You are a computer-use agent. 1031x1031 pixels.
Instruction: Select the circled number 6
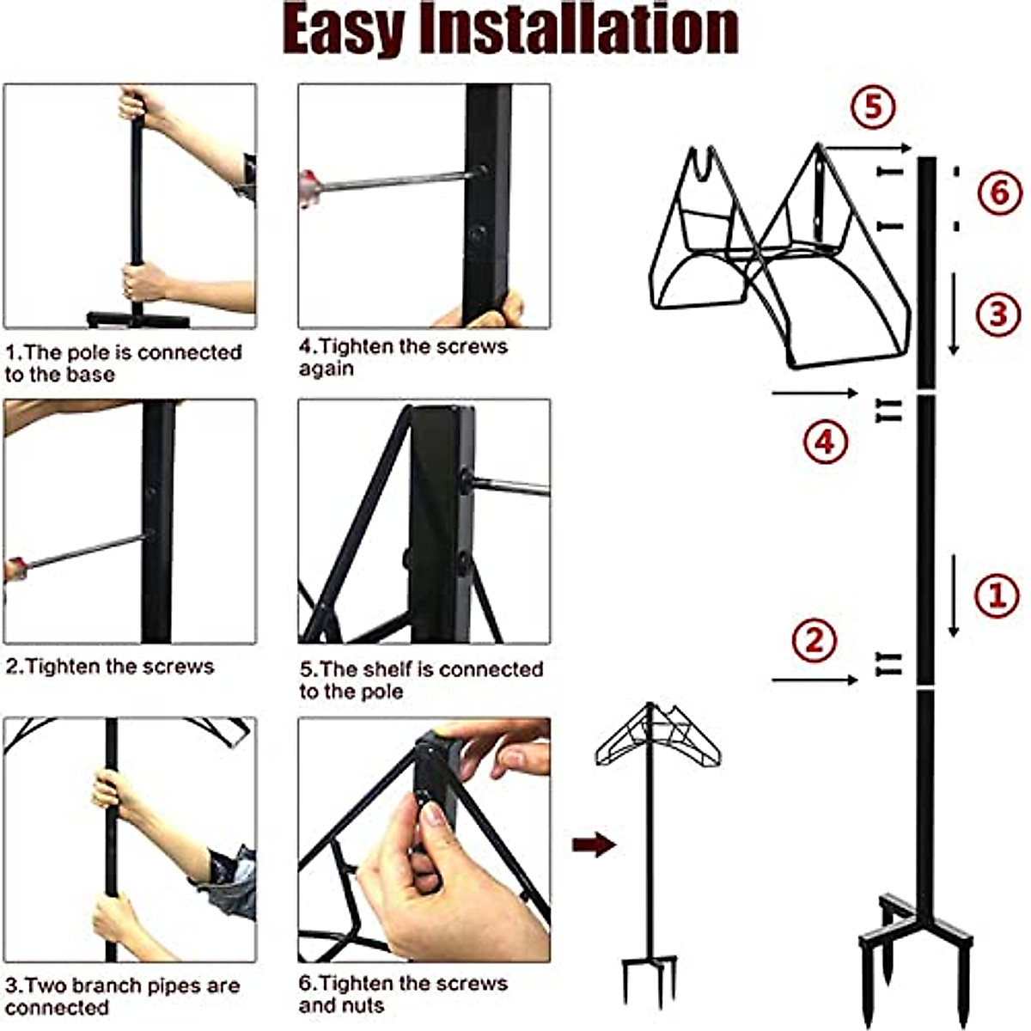click(999, 192)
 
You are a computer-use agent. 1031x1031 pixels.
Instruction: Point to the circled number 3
click(998, 314)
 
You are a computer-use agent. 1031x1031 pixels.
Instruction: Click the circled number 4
click(825, 442)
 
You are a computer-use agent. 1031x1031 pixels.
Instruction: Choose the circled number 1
click(997, 595)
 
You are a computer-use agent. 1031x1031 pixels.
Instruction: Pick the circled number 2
click(814, 640)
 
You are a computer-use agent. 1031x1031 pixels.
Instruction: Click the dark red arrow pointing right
click(594, 845)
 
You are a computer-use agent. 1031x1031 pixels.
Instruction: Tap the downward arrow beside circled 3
click(953, 314)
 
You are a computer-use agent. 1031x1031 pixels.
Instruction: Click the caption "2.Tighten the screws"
click(110, 667)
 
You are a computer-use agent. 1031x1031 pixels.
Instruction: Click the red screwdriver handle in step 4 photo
click(307, 188)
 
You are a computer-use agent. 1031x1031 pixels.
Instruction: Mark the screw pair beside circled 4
click(888, 411)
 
